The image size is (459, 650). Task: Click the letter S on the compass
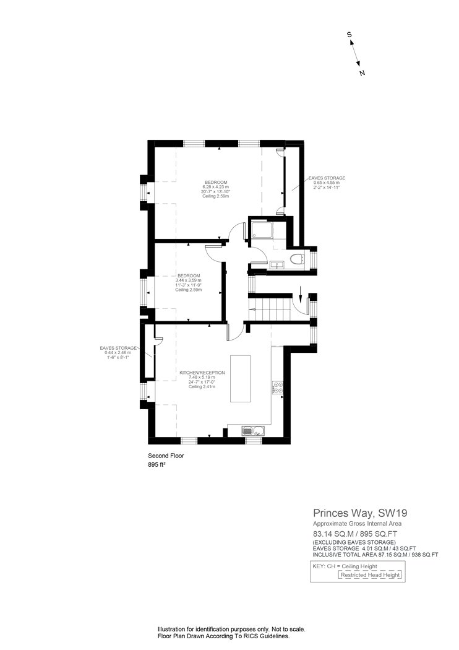tap(350, 35)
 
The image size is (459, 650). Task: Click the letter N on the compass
tap(362, 74)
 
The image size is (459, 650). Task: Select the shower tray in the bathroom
tap(262, 230)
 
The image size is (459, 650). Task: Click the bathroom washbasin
tap(275, 264)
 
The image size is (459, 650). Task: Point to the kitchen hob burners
tap(278, 387)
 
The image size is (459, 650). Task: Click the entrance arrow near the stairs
tap(301, 295)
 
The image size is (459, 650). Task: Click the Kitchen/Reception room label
tap(202, 373)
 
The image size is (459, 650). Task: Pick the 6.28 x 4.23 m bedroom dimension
tap(215, 187)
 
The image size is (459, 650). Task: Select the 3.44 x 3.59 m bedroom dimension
tap(189, 280)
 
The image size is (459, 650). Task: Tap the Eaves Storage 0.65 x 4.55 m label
tap(327, 183)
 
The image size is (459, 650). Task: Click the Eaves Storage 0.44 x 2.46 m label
tap(118, 352)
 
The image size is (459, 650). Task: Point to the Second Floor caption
tap(166, 456)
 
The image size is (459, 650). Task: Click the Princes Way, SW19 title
tap(360, 513)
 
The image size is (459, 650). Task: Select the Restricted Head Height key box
tap(370, 575)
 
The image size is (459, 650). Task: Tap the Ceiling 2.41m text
tap(202, 387)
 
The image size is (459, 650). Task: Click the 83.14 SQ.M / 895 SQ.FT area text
tap(354, 534)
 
